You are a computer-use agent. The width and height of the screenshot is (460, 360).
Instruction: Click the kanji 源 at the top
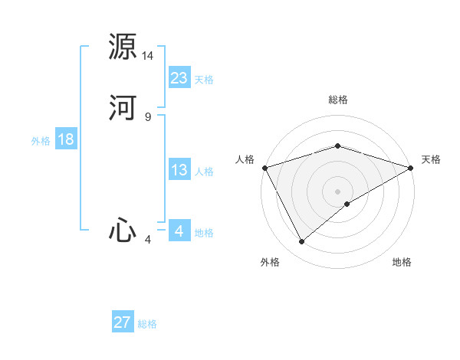pyautogui.click(x=123, y=46)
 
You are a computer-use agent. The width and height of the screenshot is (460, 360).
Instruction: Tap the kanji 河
pyautogui.click(x=123, y=107)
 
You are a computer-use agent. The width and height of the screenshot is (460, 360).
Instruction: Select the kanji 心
pyautogui.click(x=123, y=230)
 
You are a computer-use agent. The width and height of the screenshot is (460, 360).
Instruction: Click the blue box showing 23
pyautogui.click(x=179, y=78)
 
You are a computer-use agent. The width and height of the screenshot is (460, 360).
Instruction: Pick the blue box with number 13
pyautogui.click(x=179, y=171)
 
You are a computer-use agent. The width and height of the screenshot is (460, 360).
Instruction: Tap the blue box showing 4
pyautogui.click(x=179, y=231)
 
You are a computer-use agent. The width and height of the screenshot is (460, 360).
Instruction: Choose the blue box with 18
pyautogui.click(x=65, y=139)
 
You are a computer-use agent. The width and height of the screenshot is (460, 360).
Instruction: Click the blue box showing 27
pyautogui.click(x=123, y=322)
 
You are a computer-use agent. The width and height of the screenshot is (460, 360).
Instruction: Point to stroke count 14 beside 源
pyautogui.click(x=148, y=56)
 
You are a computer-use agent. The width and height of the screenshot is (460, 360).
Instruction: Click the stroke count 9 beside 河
pyautogui.click(x=148, y=116)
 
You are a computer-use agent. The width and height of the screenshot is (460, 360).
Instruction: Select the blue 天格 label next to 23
pyautogui.click(x=203, y=80)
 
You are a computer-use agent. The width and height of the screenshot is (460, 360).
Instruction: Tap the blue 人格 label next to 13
pyautogui.click(x=203, y=172)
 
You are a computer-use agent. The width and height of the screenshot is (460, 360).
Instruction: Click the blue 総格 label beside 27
pyautogui.click(x=146, y=324)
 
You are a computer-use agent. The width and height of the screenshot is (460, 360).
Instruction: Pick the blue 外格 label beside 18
pyautogui.click(x=41, y=141)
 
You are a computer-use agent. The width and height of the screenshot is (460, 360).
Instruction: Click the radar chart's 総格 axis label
pyautogui.click(x=338, y=100)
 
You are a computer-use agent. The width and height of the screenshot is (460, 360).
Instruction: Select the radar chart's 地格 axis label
pyautogui.click(x=402, y=263)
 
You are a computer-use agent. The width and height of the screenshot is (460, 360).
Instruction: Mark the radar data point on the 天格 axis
pyautogui.click(x=411, y=168)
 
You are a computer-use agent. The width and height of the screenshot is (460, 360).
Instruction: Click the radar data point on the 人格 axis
pyautogui.click(x=264, y=168)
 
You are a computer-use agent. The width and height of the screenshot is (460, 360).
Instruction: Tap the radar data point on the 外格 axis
pyautogui.click(x=302, y=242)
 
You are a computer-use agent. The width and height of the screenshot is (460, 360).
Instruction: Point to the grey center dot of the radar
pyautogui.click(x=338, y=191)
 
